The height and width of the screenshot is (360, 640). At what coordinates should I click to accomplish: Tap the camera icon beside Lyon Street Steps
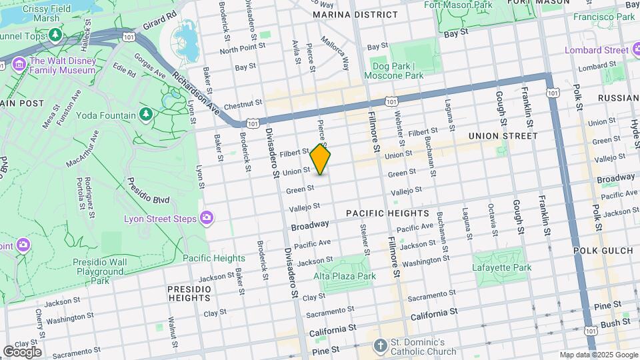pos(207,218)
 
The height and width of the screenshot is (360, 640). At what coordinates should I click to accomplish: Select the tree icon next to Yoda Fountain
pos(145,115)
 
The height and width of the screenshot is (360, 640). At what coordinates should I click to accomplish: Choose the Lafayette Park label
pos(503,267)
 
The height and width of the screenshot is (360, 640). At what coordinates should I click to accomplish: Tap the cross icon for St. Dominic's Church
pos(380,345)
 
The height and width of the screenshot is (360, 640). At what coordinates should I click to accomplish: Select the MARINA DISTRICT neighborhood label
pos(355,14)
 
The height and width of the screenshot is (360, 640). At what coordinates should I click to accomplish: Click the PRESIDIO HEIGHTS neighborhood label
pos(189,293)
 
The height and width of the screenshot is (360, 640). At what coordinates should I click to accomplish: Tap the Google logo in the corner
pos(22,351)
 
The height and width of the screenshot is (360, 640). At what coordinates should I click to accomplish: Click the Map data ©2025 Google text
pos(598,355)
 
